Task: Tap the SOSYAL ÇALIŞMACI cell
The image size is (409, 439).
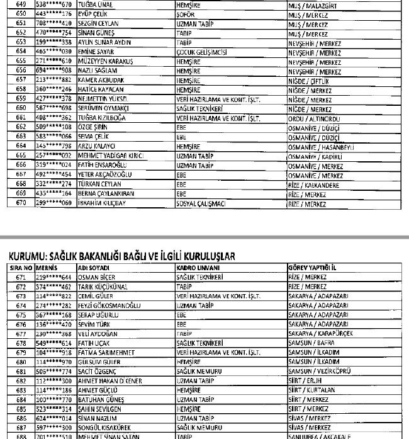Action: (201, 204)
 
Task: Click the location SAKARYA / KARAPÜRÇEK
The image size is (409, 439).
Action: (320, 334)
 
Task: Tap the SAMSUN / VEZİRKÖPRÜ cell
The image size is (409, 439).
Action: (320, 372)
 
